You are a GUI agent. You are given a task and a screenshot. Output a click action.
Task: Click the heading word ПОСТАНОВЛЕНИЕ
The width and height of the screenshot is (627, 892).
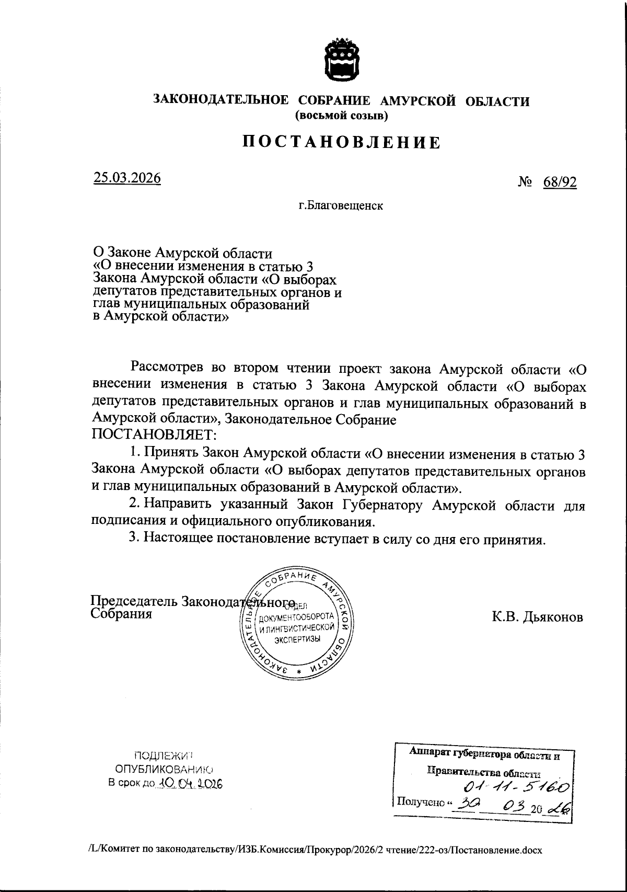[x=341, y=142]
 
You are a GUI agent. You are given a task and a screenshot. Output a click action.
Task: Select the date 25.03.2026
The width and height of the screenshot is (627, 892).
[x=127, y=178]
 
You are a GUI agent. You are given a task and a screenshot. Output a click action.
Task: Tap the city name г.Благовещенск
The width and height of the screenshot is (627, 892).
[x=341, y=205]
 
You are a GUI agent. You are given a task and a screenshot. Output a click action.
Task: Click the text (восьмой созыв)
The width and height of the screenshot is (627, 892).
[x=342, y=116]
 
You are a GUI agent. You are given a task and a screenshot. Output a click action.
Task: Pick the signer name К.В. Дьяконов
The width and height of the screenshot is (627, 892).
[x=537, y=617]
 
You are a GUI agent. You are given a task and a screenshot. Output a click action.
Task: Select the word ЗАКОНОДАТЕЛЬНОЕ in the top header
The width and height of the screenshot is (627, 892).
[x=219, y=101]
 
